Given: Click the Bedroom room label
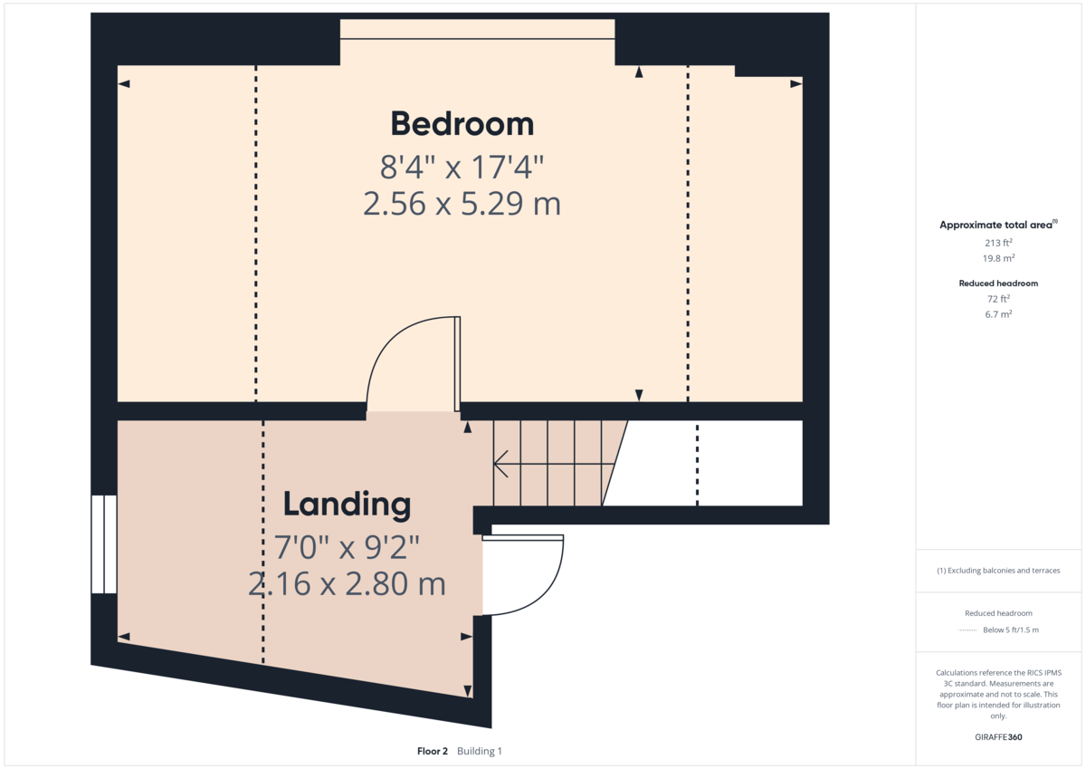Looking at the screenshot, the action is click(462, 124).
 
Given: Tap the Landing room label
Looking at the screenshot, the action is click(347, 505).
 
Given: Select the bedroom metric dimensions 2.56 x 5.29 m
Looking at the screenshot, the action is click(462, 204).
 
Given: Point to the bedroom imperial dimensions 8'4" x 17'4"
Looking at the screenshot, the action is click(462, 167).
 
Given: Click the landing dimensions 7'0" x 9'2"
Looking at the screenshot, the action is click(347, 547).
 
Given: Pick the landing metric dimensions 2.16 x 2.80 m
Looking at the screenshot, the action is click(347, 583).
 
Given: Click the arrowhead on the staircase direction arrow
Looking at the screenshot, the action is click(500, 464).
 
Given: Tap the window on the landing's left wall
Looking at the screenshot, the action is click(104, 544).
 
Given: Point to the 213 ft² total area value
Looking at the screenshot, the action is click(998, 243).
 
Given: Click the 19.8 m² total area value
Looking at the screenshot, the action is click(998, 258).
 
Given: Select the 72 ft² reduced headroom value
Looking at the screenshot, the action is click(998, 299).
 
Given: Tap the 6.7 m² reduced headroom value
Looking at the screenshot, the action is click(998, 314).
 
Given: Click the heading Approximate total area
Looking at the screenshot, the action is click(995, 225).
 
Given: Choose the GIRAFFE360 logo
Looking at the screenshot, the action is click(998, 737).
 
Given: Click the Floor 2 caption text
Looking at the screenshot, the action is click(433, 751).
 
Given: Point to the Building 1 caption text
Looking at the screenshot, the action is click(480, 751).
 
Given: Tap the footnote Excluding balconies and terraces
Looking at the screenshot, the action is click(998, 571).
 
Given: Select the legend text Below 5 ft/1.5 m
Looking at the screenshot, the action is click(1011, 630).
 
